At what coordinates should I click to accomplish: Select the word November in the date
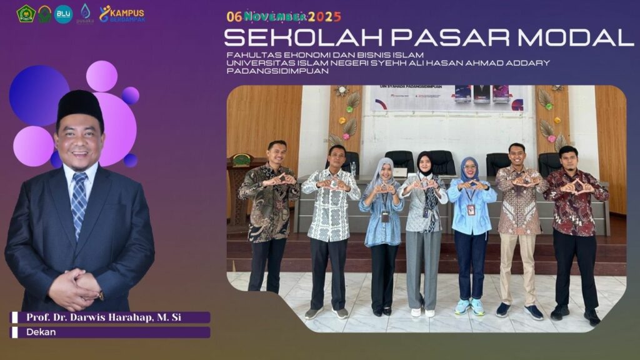276,16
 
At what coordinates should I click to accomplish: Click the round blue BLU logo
63,14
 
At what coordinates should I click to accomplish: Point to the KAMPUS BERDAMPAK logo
122,14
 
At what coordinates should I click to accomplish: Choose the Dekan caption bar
110,332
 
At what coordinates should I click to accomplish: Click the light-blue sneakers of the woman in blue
469,306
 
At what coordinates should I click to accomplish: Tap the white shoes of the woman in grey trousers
422,311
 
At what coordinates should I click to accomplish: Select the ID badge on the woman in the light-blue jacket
471,209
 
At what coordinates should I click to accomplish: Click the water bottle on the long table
354,169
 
